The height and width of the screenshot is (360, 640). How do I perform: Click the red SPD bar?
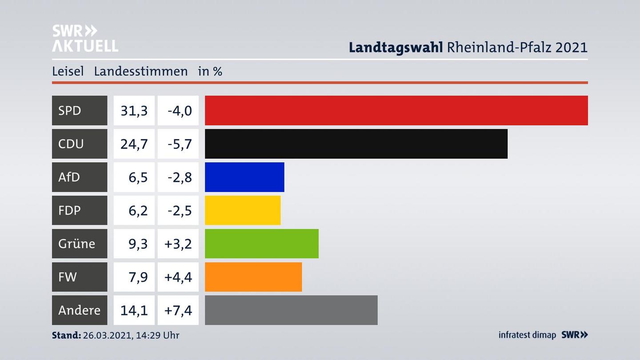(x=396, y=110)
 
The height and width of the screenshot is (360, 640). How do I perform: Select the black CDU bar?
(x=356, y=144)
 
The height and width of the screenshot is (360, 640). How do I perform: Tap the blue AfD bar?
(x=244, y=177)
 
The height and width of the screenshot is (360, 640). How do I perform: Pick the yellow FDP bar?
(x=243, y=210)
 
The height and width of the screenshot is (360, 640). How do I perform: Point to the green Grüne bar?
(x=261, y=244)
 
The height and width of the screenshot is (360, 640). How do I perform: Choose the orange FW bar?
(x=253, y=277)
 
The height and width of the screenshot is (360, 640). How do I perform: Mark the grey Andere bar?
(x=291, y=310)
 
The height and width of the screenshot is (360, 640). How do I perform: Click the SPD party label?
(x=70, y=110)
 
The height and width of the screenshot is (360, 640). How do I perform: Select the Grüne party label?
(x=76, y=244)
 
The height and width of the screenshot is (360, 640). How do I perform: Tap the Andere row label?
(x=79, y=310)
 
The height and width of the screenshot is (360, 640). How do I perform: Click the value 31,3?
(x=134, y=110)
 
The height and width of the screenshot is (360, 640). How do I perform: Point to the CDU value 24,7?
(x=134, y=144)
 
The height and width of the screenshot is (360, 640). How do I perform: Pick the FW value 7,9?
(x=138, y=277)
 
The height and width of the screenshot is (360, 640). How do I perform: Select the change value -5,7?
(x=180, y=144)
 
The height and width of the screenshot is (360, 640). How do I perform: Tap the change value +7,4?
(x=178, y=310)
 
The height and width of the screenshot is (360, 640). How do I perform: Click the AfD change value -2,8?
(x=180, y=177)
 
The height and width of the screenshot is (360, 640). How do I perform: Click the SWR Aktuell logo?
(x=84, y=38)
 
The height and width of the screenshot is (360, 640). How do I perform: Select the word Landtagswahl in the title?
(x=395, y=47)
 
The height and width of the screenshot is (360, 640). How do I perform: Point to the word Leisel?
(x=68, y=71)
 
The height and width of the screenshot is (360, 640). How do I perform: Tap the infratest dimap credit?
(x=527, y=335)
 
